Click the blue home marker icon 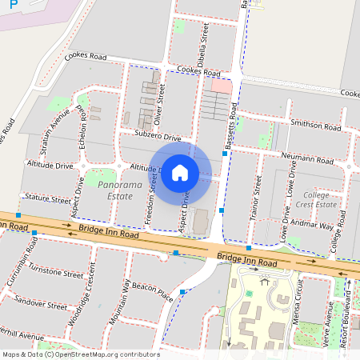(180, 173)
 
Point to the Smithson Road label (316, 126)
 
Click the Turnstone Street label (55, 274)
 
